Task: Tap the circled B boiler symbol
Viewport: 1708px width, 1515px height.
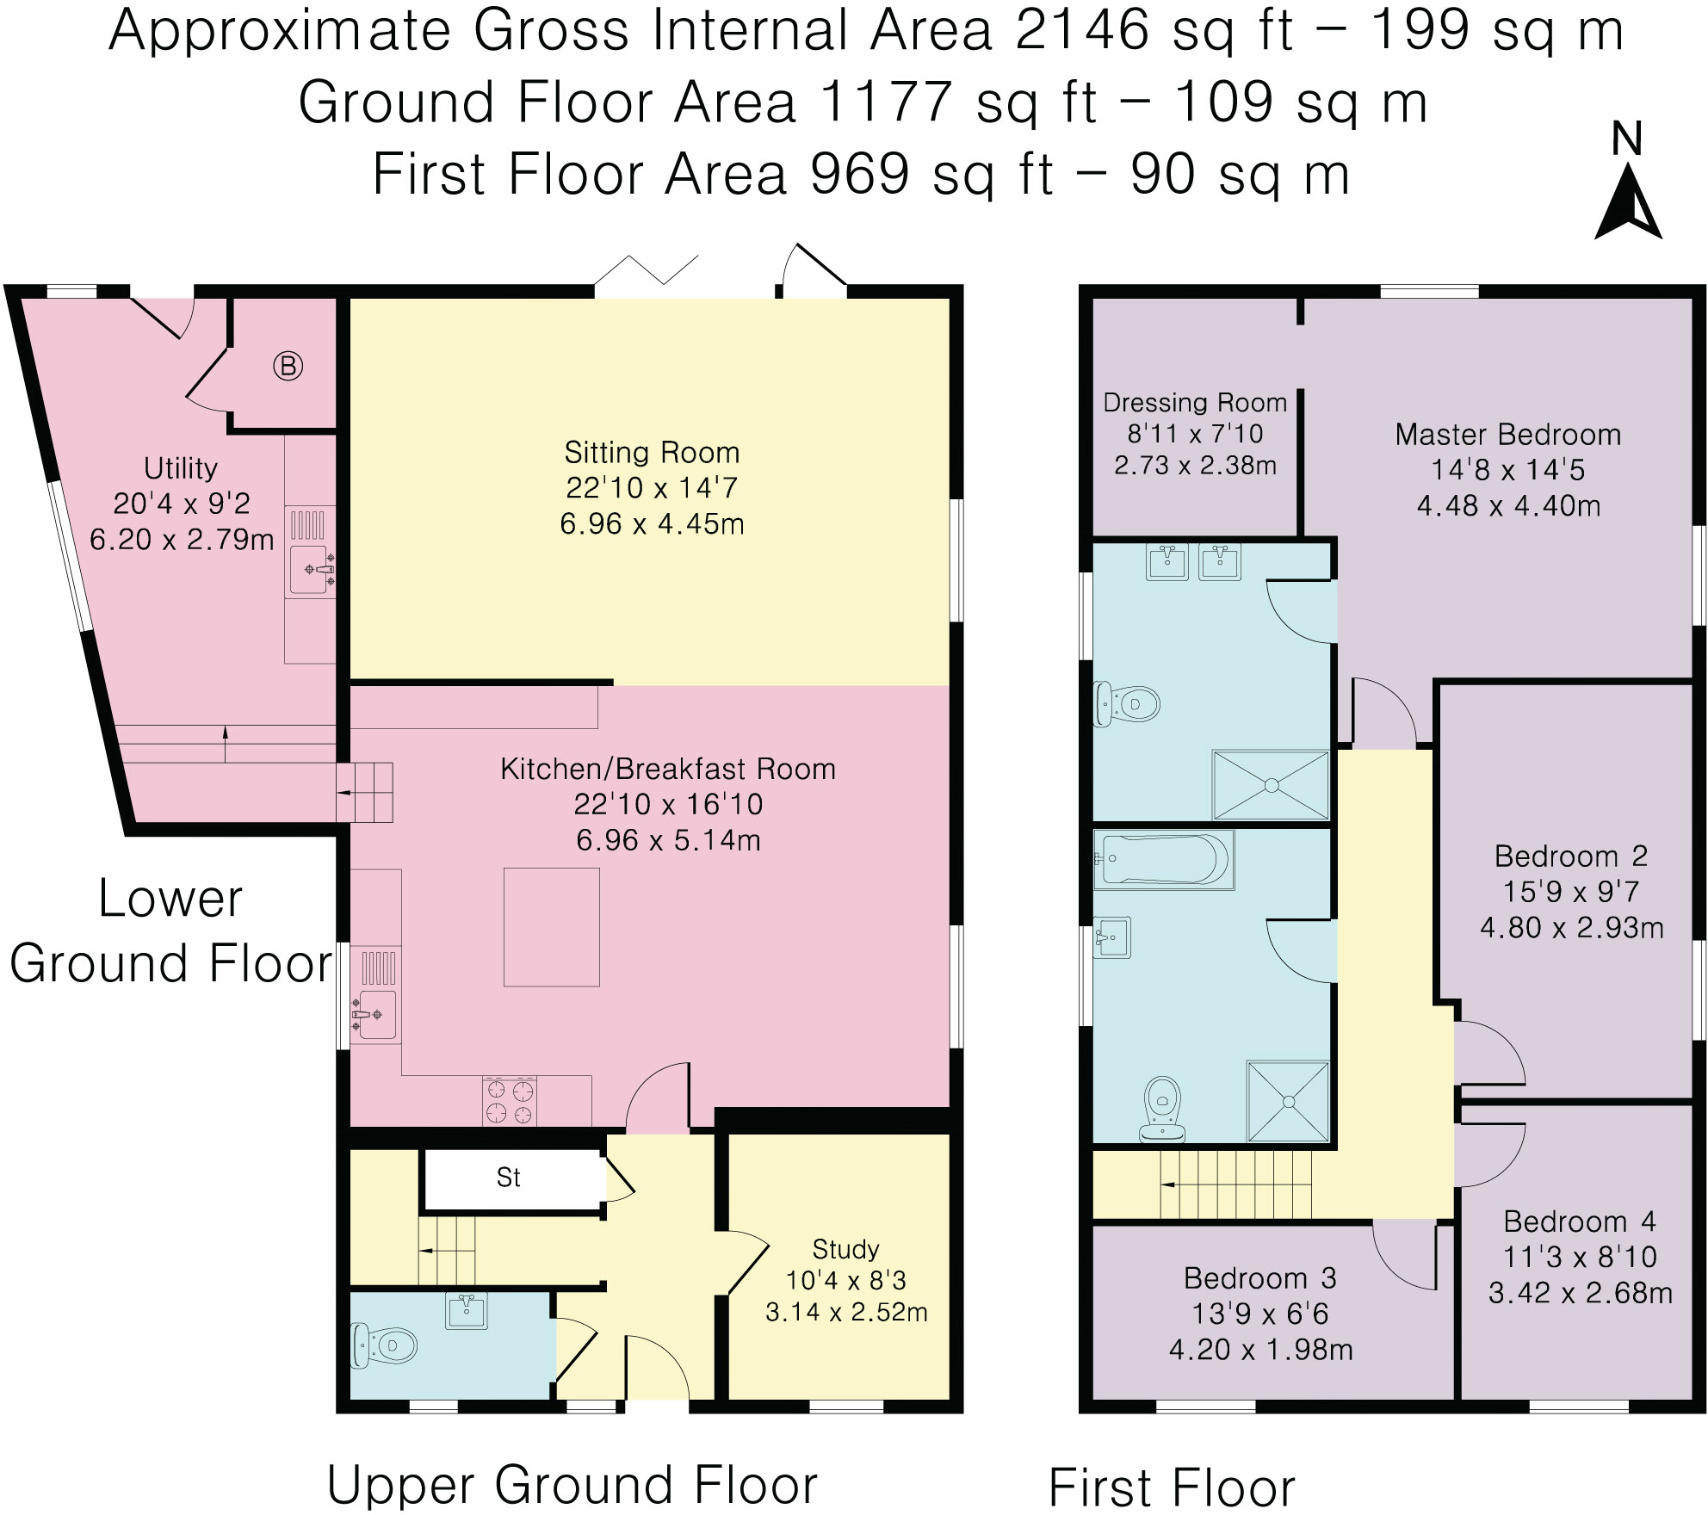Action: point(288,367)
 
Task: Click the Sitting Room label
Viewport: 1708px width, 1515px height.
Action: point(652,453)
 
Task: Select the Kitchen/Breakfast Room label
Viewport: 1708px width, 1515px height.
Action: point(668,769)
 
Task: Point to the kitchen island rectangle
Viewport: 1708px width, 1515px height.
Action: point(552,927)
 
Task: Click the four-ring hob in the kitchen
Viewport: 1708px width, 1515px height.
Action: point(510,1102)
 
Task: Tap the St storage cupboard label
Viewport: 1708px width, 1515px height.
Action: point(509,1178)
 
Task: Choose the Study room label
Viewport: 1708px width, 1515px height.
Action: point(845,1249)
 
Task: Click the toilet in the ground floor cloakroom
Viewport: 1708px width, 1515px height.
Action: point(384,1345)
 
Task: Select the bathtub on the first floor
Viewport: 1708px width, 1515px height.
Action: point(1163,859)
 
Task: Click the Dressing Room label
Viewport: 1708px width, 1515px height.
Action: point(1195,402)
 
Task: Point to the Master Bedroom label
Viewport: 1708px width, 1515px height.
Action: point(1508,435)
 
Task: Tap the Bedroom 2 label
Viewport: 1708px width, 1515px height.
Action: point(1571,856)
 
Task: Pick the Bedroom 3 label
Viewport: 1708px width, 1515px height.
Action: point(1260,1278)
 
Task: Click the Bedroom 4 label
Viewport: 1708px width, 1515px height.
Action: point(1580,1221)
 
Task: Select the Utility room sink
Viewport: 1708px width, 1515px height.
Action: point(311,570)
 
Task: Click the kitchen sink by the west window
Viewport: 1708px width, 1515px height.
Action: point(374,1015)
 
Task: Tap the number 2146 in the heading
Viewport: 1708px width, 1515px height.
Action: point(1082,30)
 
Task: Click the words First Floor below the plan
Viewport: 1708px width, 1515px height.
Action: point(1172,1487)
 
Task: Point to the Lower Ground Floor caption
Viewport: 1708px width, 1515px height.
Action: point(170,931)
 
